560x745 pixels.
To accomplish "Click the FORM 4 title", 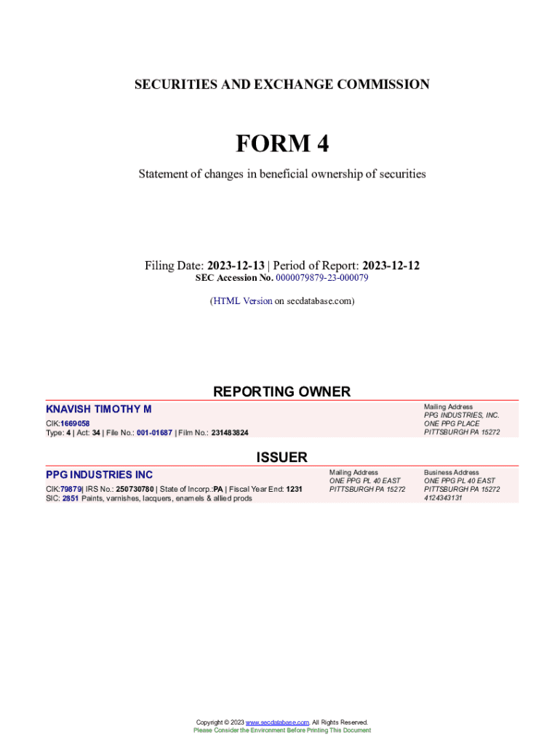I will pos(281,144).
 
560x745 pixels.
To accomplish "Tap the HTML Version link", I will pos(242,300).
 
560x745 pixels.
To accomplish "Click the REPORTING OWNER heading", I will pos(281,391).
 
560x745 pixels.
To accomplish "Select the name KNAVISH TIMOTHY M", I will pos(99,411).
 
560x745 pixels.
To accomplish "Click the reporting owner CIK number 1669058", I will pos(75,423).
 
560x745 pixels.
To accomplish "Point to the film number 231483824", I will pos(230,433).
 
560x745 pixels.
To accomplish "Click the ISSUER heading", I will pos(281,458).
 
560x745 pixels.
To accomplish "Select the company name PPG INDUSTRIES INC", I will pos(99,475).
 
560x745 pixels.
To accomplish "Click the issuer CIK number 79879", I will pos(71,489).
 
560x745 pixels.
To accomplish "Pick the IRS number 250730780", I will pos(135,489).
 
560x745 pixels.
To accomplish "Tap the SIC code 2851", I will pos(70,498).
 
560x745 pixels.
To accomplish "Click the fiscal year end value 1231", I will pos(294,489).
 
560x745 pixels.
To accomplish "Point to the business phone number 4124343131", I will pos(443,498).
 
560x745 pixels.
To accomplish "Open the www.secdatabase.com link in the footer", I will pos(277,722).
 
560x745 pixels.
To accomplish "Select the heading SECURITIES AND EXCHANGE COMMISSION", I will pos(281,84).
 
